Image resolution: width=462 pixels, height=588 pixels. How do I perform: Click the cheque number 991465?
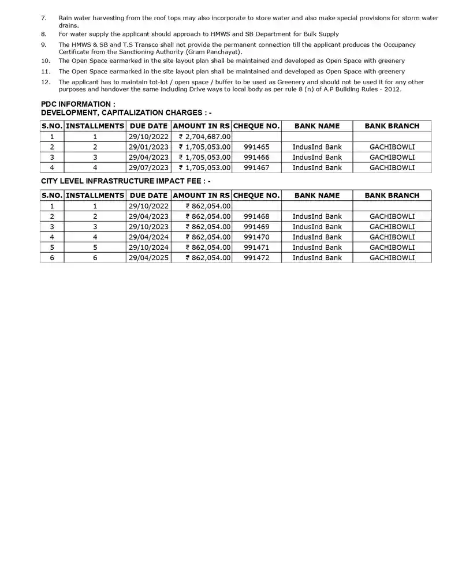(x=256, y=147)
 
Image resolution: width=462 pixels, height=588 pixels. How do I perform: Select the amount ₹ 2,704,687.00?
(x=205, y=137)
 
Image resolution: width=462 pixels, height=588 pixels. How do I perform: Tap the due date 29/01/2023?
(x=148, y=147)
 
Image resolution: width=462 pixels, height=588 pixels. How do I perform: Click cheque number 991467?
(x=256, y=168)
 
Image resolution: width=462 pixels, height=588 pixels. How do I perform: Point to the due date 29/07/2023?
(x=148, y=168)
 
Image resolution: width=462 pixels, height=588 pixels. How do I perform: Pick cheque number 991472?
(x=256, y=258)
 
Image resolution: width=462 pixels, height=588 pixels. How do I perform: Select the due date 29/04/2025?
(x=148, y=258)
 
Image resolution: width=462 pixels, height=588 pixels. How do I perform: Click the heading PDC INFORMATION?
(x=78, y=104)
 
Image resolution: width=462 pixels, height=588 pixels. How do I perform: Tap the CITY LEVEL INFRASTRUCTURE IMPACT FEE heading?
(x=125, y=181)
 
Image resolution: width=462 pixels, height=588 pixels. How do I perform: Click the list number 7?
(x=44, y=18)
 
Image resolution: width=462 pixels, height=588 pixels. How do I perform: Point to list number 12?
(x=46, y=82)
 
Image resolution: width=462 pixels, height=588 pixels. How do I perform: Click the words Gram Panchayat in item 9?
(x=217, y=52)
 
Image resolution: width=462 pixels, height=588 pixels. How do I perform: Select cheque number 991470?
(x=256, y=237)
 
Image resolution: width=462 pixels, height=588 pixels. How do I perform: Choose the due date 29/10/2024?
(x=148, y=248)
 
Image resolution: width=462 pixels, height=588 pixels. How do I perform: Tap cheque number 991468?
(x=256, y=216)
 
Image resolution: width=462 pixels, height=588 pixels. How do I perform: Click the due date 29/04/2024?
(x=148, y=237)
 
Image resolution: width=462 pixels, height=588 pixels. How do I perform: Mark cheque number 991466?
(x=256, y=158)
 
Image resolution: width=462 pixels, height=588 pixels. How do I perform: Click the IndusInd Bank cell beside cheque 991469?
(x=317, y=227)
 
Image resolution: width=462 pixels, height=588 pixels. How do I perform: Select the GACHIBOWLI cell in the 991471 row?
(x=392, y=248)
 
